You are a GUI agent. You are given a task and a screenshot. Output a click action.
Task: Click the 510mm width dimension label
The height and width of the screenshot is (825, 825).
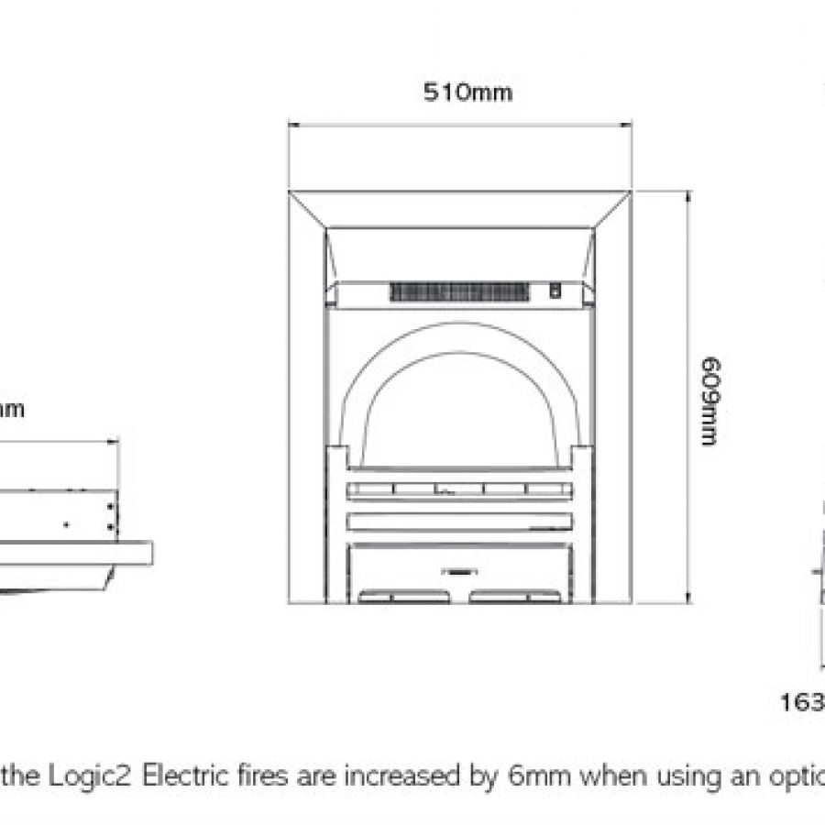(x=467, y=93)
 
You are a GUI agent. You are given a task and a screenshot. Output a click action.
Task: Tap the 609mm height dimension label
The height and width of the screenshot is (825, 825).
(x=707, y=401)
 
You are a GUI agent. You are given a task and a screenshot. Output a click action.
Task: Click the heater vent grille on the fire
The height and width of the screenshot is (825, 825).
(x=460, y=292)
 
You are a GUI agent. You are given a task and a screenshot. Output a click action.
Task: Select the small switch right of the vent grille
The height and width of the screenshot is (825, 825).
(x=555, y=291)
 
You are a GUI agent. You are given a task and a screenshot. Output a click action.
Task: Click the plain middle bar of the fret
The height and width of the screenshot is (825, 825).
(x=459, y=521)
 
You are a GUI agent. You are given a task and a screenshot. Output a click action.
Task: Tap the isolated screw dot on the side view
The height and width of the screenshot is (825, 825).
(x=65, y=524)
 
